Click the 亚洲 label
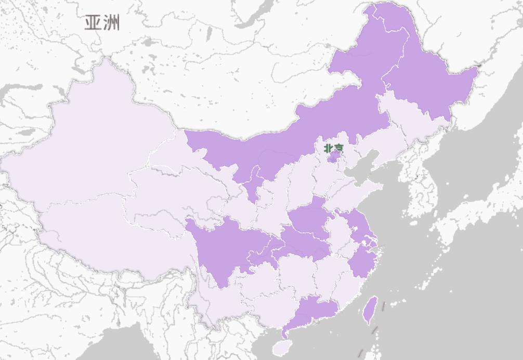click(102, 23)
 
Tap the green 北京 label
click(333, 149)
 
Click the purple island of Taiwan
click(370, 310)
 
